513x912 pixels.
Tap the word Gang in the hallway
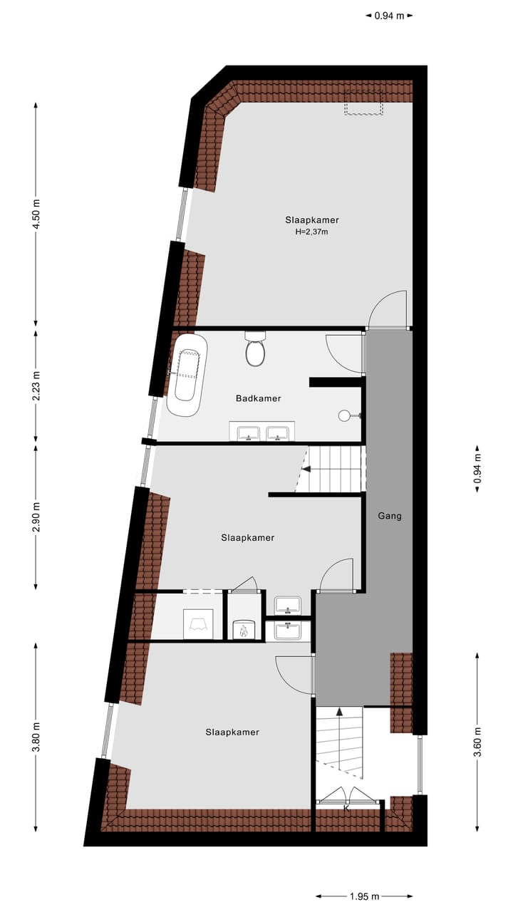pyautogui.click(x=390, y=515)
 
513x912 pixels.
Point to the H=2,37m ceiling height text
pyautogui.click(x=311, y=232)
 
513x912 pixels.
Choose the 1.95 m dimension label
pyautogui.click(x=365, y=896)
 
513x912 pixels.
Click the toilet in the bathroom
pyautogui.click(x=255, y=350)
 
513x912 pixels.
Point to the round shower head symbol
pyautogui.click(x=345, y=414)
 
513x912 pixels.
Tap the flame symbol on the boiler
pyautogui.click(x=244, y=630)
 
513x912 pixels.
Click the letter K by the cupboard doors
pyautogui.click(x=346, y=808)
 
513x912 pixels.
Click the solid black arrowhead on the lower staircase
pyautogui.click(x=340, y=710)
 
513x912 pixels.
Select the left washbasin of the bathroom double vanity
pyautogui.click(x=247, y=432)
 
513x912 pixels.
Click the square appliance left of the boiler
pyautogui.click(x=197, y=624)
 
